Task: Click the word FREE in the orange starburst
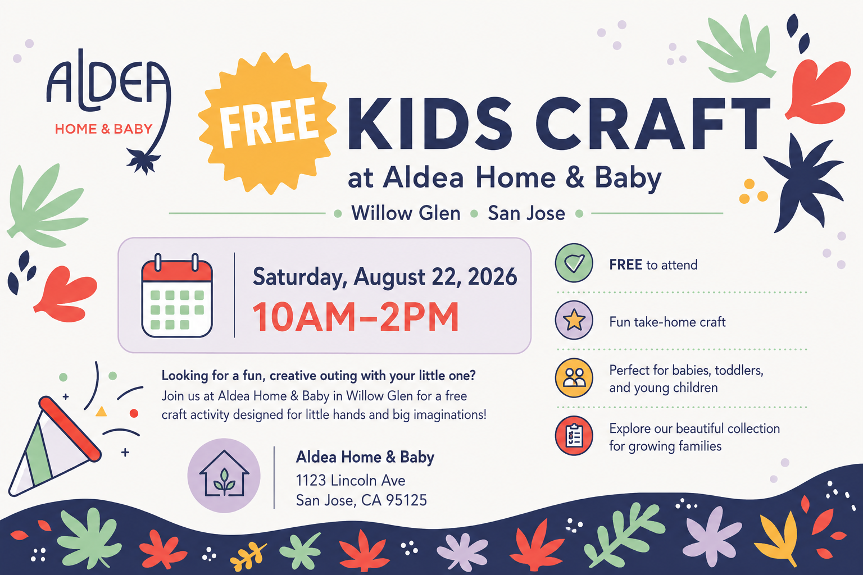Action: point(270,122)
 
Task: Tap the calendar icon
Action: point(177,295)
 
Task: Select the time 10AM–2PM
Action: point(356,317)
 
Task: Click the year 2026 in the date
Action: point(492,276)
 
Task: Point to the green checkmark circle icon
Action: point(574,263)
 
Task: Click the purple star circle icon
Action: point(574,320)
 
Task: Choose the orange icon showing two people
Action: point(574,378)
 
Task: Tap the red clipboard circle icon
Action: point(574,436)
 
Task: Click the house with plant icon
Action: point(224,475)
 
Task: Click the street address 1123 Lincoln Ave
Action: point(351,480)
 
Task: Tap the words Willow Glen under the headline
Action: point(406,213)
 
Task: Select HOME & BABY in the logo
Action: point(103,129)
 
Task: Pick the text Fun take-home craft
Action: point(667,322)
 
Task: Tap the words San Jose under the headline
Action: point(526,213)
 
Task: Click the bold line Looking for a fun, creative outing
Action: point(319,376)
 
